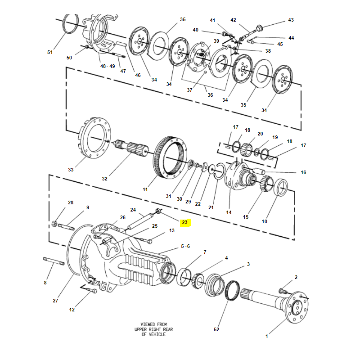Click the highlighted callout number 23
click(184, 222)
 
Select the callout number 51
click(50, 53)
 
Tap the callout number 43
click(291, 20)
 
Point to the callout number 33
click(71, 170)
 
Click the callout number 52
click(216, 330)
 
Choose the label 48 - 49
click(108, 66)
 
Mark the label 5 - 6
click(185, 247)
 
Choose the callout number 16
click(303, 172)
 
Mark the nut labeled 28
click(54, 223)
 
